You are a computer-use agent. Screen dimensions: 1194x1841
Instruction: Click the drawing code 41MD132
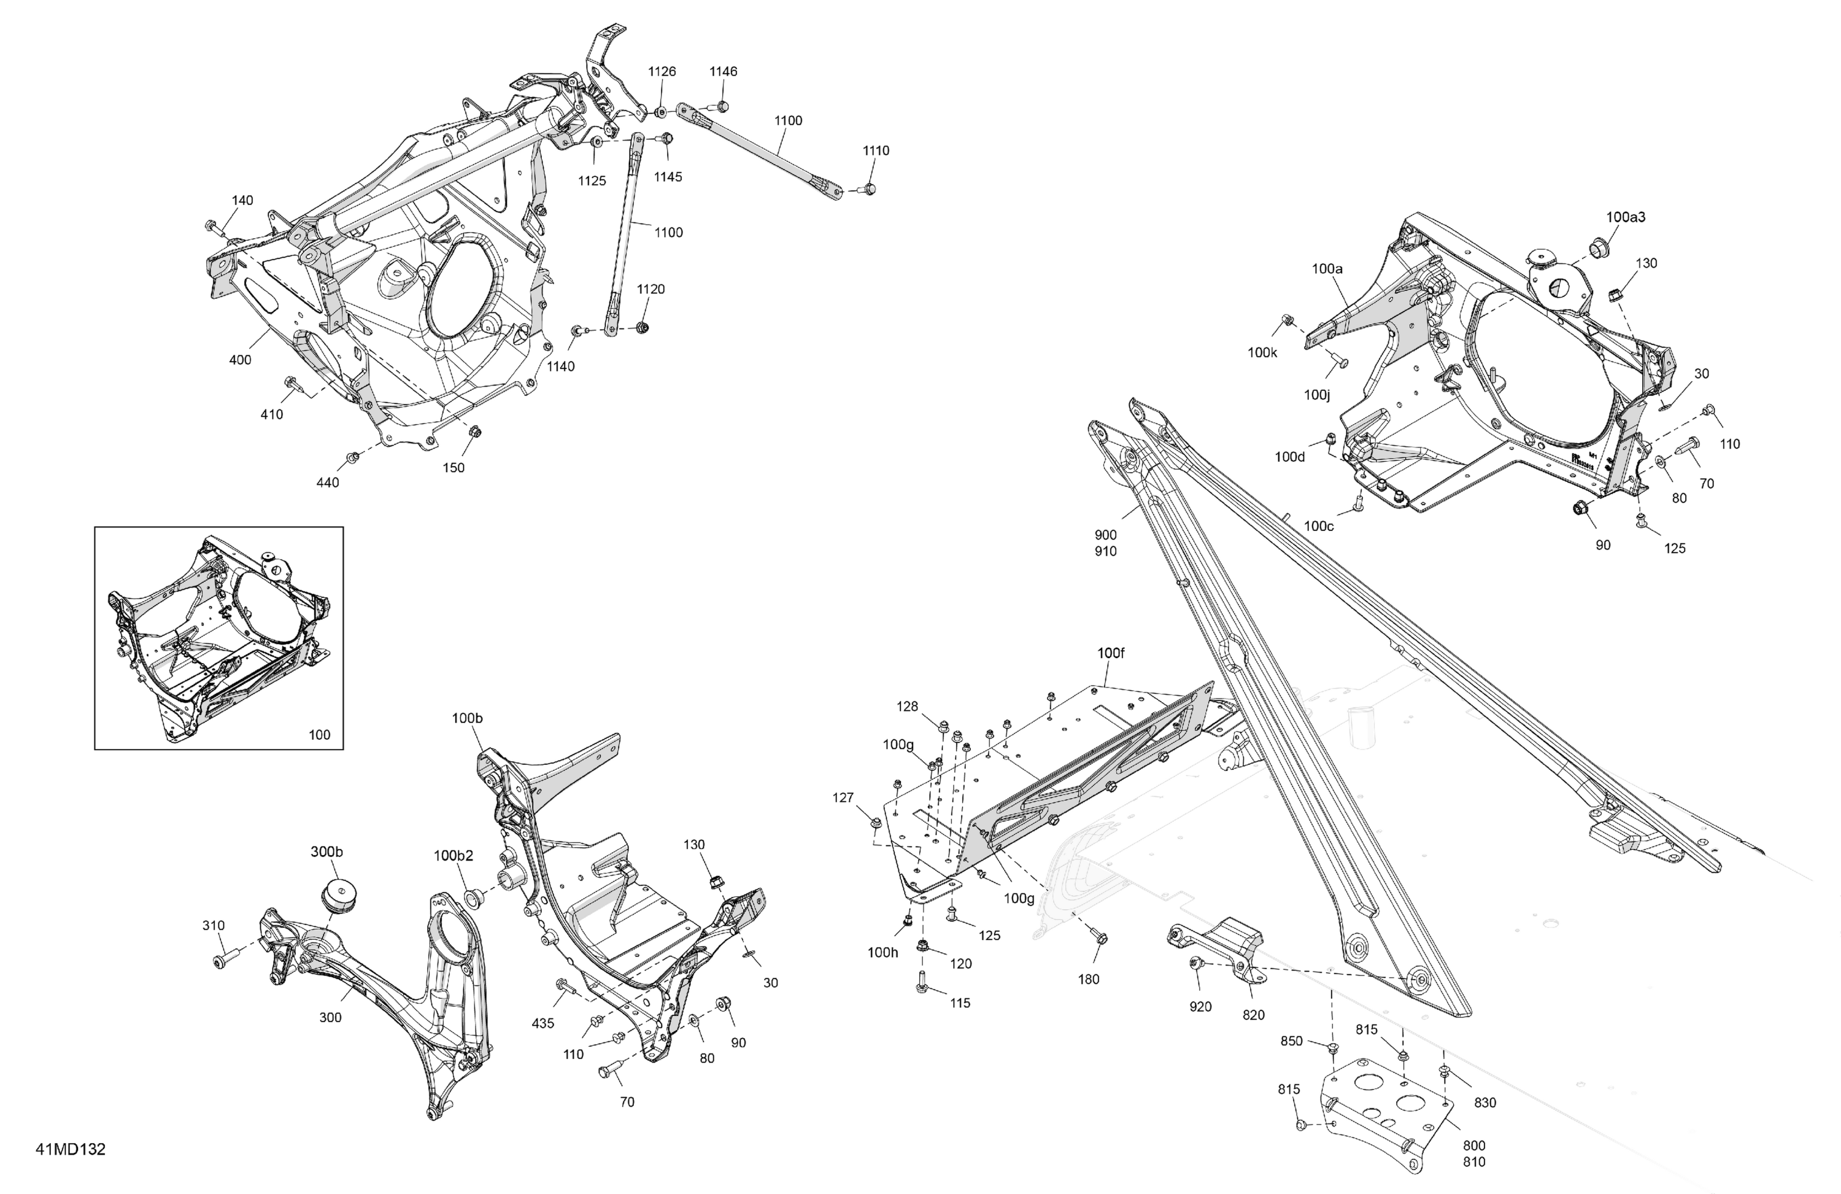click(x=71, y=1149)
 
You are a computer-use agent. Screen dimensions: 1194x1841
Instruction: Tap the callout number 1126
click(x=662, y=71)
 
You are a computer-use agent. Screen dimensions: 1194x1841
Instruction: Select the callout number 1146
click(x=724, y=71)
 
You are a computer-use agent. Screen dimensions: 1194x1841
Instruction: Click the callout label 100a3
click(x=1625, y=217)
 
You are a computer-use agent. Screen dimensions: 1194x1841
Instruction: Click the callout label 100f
click(x=1111, y=653)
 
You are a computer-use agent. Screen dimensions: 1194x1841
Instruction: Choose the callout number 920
click(x=1200, y=1007)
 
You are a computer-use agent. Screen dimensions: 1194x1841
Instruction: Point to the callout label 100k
click(x=1262, y=353)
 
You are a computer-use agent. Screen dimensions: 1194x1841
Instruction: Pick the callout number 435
click(x=542, y=1023)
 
